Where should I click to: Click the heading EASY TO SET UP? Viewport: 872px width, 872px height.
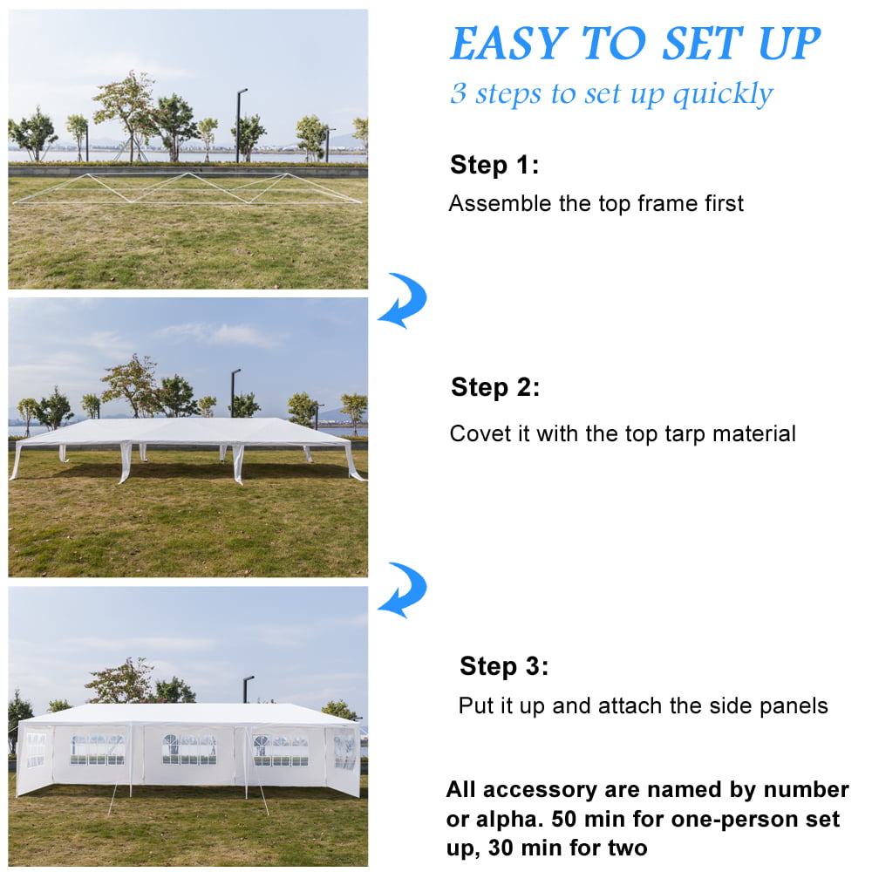pyautogui.click(x=635, y=44)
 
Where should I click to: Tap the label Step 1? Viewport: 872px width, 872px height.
pyautogui.click(x=494, y=165)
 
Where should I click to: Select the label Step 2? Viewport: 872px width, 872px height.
pyautogui.click(x=495, y=387)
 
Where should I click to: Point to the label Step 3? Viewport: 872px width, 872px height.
pyautogui.click(x=504, y=666)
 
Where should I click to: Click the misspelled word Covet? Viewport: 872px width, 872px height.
pyautogui.click(x=476, y=433)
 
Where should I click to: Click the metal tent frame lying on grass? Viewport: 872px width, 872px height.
pyautogui.click(x=187, y=189)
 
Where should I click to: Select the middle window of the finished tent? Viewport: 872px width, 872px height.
pyautogui.click(x=189, y=748)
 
